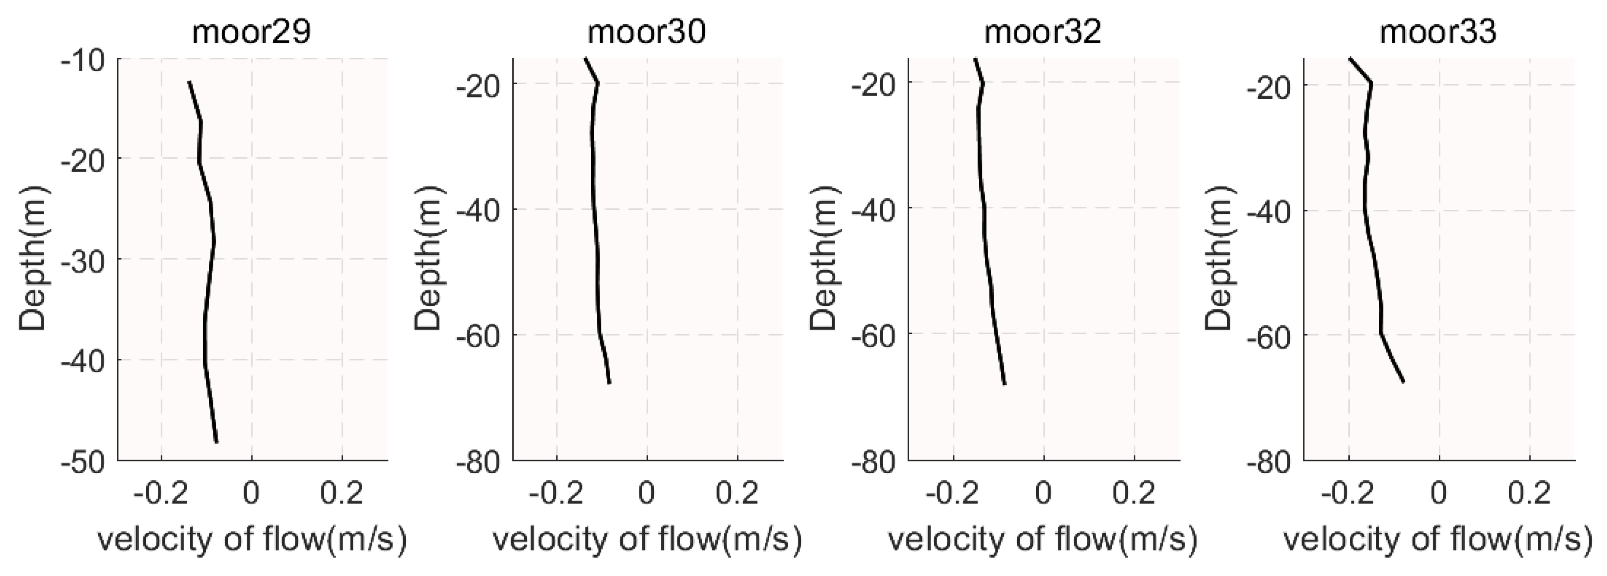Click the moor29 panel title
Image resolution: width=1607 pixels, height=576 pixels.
[252, 33]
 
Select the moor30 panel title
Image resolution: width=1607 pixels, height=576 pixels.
[647, 33]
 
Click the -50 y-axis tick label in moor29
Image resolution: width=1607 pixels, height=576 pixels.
[85, 461]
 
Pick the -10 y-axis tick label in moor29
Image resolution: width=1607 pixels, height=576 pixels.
[85, 59]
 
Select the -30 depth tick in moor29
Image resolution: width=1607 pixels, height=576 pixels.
[85, 260]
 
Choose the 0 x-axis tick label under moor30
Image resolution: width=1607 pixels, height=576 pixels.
[647, 494]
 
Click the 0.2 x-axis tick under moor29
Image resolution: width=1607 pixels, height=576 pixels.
[342, 494]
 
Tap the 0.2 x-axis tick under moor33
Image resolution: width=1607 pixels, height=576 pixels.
[1529, 494]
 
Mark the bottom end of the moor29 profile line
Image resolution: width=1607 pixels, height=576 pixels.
[216, 442]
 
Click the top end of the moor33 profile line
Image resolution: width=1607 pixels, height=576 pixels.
[1349, 59]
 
